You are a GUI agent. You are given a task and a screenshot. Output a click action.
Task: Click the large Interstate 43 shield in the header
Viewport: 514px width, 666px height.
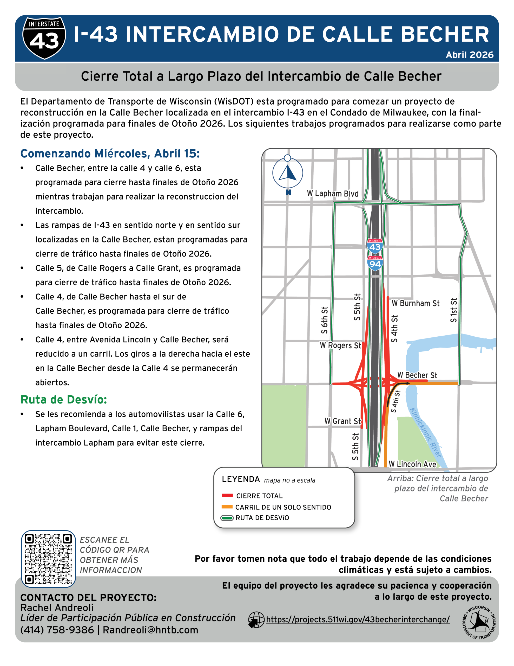click(44, 38)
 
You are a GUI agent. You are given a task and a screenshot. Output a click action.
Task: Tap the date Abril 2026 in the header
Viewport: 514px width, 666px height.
click(470, 55)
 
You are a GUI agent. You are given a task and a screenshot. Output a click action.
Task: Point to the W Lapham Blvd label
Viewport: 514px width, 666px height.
click(333, 194)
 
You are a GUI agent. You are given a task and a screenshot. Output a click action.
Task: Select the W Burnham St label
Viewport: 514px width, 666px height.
click(415, 303)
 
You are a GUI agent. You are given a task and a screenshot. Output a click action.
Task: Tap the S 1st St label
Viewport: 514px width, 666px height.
click(454, 310)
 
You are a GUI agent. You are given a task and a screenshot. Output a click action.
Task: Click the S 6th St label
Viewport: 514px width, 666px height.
click(325, 320)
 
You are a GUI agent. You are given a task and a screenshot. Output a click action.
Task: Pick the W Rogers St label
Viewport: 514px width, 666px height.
click(340, 345)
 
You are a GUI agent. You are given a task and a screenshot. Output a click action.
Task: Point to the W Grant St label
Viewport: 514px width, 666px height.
click(342, 421)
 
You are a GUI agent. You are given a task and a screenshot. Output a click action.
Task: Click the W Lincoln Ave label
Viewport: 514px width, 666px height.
click(412, 464)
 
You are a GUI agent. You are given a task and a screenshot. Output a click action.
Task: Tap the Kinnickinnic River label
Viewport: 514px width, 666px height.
click(426, 432)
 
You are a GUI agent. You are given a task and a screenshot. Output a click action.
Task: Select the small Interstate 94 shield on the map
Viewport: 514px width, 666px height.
click(375, 263)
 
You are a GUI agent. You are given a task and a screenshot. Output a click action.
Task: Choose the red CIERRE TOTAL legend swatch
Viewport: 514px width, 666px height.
click(227, 496)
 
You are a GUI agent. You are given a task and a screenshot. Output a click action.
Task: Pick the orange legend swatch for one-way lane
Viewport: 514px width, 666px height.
click(227, 507)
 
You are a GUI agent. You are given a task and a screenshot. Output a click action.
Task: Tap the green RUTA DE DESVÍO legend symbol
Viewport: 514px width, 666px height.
click(227, 518)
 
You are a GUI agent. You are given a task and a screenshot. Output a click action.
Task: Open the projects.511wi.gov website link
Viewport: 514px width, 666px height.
click(358, 619)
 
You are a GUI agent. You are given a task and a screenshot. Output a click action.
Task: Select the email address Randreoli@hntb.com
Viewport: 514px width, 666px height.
click(150, 630)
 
